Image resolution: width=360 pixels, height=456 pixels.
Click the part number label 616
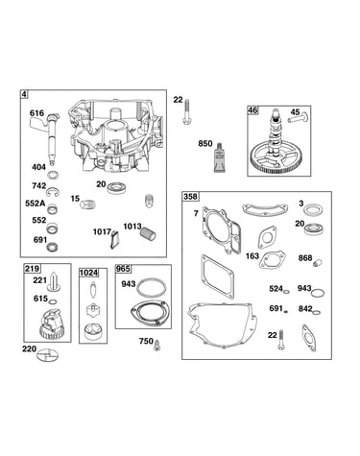point(36,113)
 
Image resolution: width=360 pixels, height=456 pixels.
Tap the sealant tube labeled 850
point(220,157)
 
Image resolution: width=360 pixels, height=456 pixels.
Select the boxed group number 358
point(191,196)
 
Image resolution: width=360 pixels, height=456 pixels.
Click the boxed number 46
point(252,110)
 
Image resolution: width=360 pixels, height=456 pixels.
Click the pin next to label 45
point(298,118)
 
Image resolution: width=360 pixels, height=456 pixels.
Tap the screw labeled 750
point(156,346)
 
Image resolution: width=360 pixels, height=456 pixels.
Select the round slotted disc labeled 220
point(47,355)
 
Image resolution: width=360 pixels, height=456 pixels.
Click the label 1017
point(102,231)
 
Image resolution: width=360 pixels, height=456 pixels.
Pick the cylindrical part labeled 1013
point(148,234)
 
